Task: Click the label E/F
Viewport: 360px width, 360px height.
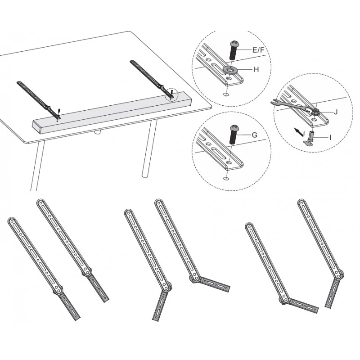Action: [258, 50]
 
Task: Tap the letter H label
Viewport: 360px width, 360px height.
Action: [256, 70]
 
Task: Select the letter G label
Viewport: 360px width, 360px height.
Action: [255, 135]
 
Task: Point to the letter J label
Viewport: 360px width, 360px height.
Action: [336, 112]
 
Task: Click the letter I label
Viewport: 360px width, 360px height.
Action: [330, 138]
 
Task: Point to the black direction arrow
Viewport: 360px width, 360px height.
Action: [298, 132]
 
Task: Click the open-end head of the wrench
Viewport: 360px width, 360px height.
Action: [275, 102]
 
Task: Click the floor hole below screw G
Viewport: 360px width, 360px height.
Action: [226, 178]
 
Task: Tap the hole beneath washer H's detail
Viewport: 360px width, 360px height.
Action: [226, 94]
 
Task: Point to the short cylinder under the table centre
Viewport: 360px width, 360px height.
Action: [98, 132]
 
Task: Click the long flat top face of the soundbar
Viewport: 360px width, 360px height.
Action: [111, 108]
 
